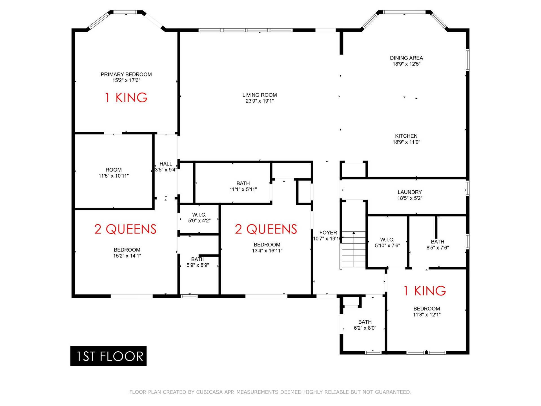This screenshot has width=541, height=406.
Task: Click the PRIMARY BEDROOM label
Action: tap(126, 74)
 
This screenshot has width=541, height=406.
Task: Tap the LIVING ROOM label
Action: tap(260, 95)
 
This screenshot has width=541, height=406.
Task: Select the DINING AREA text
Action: tap(406, 58)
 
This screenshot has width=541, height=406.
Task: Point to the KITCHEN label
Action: tap(406, 136)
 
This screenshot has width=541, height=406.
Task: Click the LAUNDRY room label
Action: tap(410, 192)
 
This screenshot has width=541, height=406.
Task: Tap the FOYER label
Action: tap(328, 233)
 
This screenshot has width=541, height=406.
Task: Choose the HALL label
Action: tap(166, 164)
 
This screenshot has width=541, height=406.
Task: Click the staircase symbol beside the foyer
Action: tap(353, 250)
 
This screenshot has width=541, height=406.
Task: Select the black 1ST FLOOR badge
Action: tap(108, 356)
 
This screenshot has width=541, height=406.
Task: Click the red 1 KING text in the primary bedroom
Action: tap(126, 98)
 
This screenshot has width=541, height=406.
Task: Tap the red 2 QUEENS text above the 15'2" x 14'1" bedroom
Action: tap(125, 229)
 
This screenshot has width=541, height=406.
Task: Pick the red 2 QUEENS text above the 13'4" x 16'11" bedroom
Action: tap(266, 229)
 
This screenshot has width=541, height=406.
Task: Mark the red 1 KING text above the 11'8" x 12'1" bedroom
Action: tap(425, 291)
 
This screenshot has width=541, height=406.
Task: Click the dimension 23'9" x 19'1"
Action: tap(260, 101)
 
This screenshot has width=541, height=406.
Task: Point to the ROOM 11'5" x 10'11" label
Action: tap(114, 173)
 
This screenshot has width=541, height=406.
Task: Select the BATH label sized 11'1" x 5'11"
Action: tap(243, 186)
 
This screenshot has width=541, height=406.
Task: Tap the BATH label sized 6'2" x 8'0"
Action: tap(365, 325)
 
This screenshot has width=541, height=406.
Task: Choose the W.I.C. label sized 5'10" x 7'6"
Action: tap(387, 242)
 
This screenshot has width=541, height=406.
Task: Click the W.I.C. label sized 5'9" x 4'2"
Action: tap(199, 218)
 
